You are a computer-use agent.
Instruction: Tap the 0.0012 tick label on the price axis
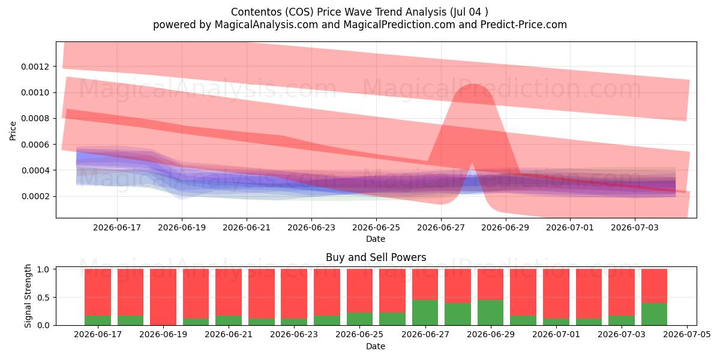point(35,67)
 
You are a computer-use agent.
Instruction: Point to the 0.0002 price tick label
point(35,196)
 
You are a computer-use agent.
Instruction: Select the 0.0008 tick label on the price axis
point(35,119)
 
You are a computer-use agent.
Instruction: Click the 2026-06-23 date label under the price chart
point(311,227)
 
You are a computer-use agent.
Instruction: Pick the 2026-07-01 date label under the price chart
point(570,227)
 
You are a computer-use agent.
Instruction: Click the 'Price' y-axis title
point(13,131)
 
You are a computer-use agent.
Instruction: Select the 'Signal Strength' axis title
point(28,296)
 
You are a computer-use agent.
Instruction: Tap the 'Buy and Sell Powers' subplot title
point(376,257)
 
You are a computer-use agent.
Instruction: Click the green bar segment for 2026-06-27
point(425,313)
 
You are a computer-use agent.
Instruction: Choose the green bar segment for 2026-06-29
point(491,313)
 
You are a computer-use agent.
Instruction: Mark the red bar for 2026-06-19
point(163,297)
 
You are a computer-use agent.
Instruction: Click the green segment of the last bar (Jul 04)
point(654,314)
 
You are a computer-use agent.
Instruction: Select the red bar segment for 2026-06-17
point(98,292)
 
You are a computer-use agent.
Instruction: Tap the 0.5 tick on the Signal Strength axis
point(44,298)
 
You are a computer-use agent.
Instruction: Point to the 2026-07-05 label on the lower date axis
point(687,335)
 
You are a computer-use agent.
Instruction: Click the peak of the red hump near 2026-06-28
point(473,84)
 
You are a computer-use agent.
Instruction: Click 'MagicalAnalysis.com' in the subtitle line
point(266,25)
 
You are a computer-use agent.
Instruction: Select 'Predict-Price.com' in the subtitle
point(524,25)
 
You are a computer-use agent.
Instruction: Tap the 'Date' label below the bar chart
point(376,346)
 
